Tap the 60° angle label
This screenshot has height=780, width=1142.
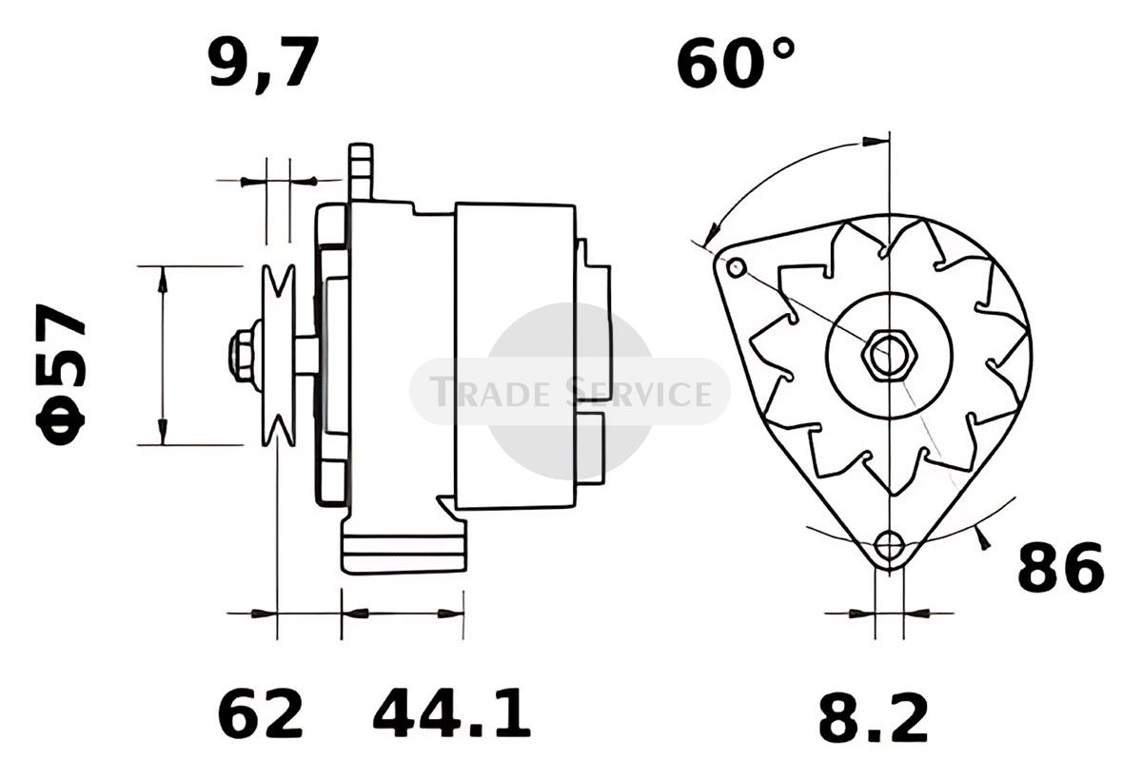[x=735, y=63]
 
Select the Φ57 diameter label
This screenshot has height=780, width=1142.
[x=61, y=375]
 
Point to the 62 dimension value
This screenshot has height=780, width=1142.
[x=261, y=713]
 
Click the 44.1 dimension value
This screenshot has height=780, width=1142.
[x=452, y=713]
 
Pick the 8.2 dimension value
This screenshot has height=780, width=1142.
[x=874, y=717]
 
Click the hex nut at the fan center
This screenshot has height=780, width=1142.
[x=889, y=355]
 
